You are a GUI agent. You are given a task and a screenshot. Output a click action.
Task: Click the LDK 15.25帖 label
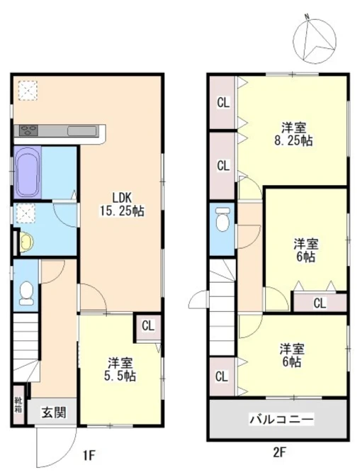click(x=123, y=204)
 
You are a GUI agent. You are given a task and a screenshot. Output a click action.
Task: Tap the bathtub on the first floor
click(x=28, y=172)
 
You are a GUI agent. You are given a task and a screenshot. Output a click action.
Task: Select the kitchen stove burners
click(x=28, y=130)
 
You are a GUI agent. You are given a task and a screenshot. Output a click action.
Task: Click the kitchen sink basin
click(x=81, y=131)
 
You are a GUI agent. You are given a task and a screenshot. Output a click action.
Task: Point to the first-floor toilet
click(x=26, y=293)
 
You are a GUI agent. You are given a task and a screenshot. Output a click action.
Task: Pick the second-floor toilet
click(x=223, y=219)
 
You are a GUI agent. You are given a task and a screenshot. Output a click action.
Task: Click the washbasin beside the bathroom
click(x=26, y=242)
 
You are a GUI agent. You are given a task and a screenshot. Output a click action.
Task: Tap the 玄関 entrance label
click(x=54, y=413)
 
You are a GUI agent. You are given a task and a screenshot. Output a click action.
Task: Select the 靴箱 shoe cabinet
click(x=18, y=405)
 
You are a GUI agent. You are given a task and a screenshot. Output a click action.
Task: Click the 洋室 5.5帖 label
click(x=120, y=369)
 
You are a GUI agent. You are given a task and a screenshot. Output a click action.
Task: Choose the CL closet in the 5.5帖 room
click(x=148, y=327)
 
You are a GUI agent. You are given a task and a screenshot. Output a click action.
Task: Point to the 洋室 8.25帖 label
click(x=293, y=134)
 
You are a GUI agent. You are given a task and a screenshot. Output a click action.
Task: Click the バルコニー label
click(x=281, y=419)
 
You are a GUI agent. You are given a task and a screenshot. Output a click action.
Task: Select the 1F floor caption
click(x=89, y=455)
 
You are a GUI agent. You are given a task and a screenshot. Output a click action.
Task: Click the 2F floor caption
click(x=279, y=452)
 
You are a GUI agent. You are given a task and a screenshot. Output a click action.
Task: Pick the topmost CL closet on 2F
click(x=223, y=102)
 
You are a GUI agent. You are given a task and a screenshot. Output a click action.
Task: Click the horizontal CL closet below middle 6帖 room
click(x=320, y=303)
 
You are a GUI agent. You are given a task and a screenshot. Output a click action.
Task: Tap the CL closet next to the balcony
click(x=222, y=376)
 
